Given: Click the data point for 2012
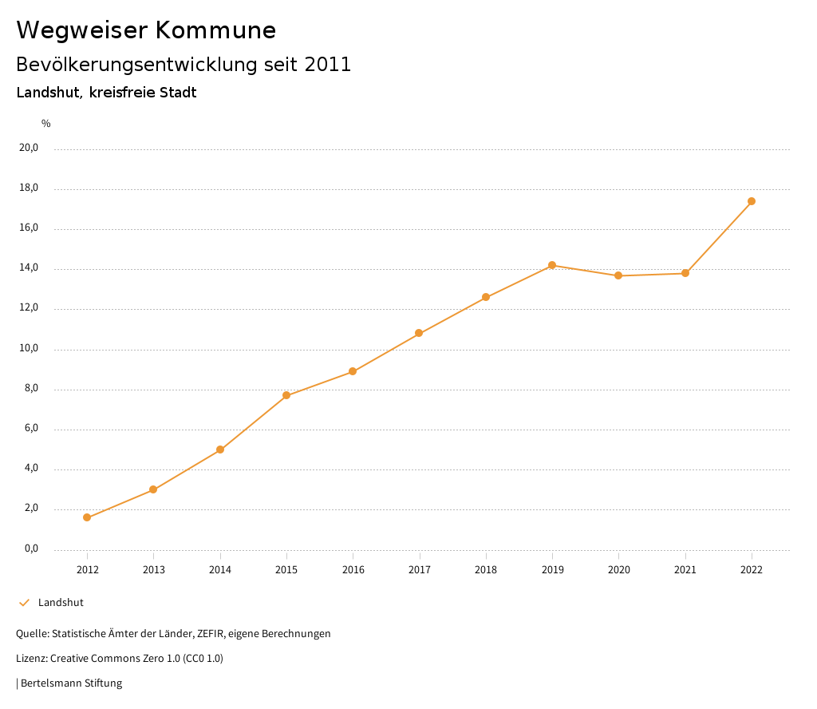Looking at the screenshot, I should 87,517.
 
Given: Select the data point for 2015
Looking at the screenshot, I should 286,395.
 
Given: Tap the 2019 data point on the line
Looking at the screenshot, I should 552,265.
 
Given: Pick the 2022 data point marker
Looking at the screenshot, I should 752,201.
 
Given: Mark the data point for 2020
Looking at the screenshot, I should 618,275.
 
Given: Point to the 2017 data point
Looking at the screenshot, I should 419,333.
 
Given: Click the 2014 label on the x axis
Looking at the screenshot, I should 220,569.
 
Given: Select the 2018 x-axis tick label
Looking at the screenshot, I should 486,569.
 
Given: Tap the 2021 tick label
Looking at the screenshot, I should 685,569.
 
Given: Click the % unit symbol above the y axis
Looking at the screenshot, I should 46,123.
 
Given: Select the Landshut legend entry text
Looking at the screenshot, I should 61,602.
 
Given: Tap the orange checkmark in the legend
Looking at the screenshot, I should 24,602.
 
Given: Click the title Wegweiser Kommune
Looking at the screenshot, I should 146,30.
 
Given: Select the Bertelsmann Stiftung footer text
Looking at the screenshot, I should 71,683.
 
